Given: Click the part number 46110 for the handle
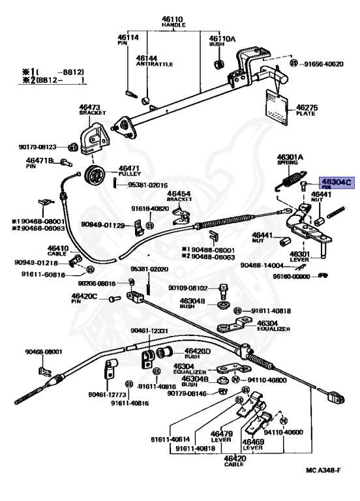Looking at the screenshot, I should (173, 20).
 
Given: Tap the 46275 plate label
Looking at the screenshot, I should (305, 109).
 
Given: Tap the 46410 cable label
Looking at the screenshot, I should (57, 250).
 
